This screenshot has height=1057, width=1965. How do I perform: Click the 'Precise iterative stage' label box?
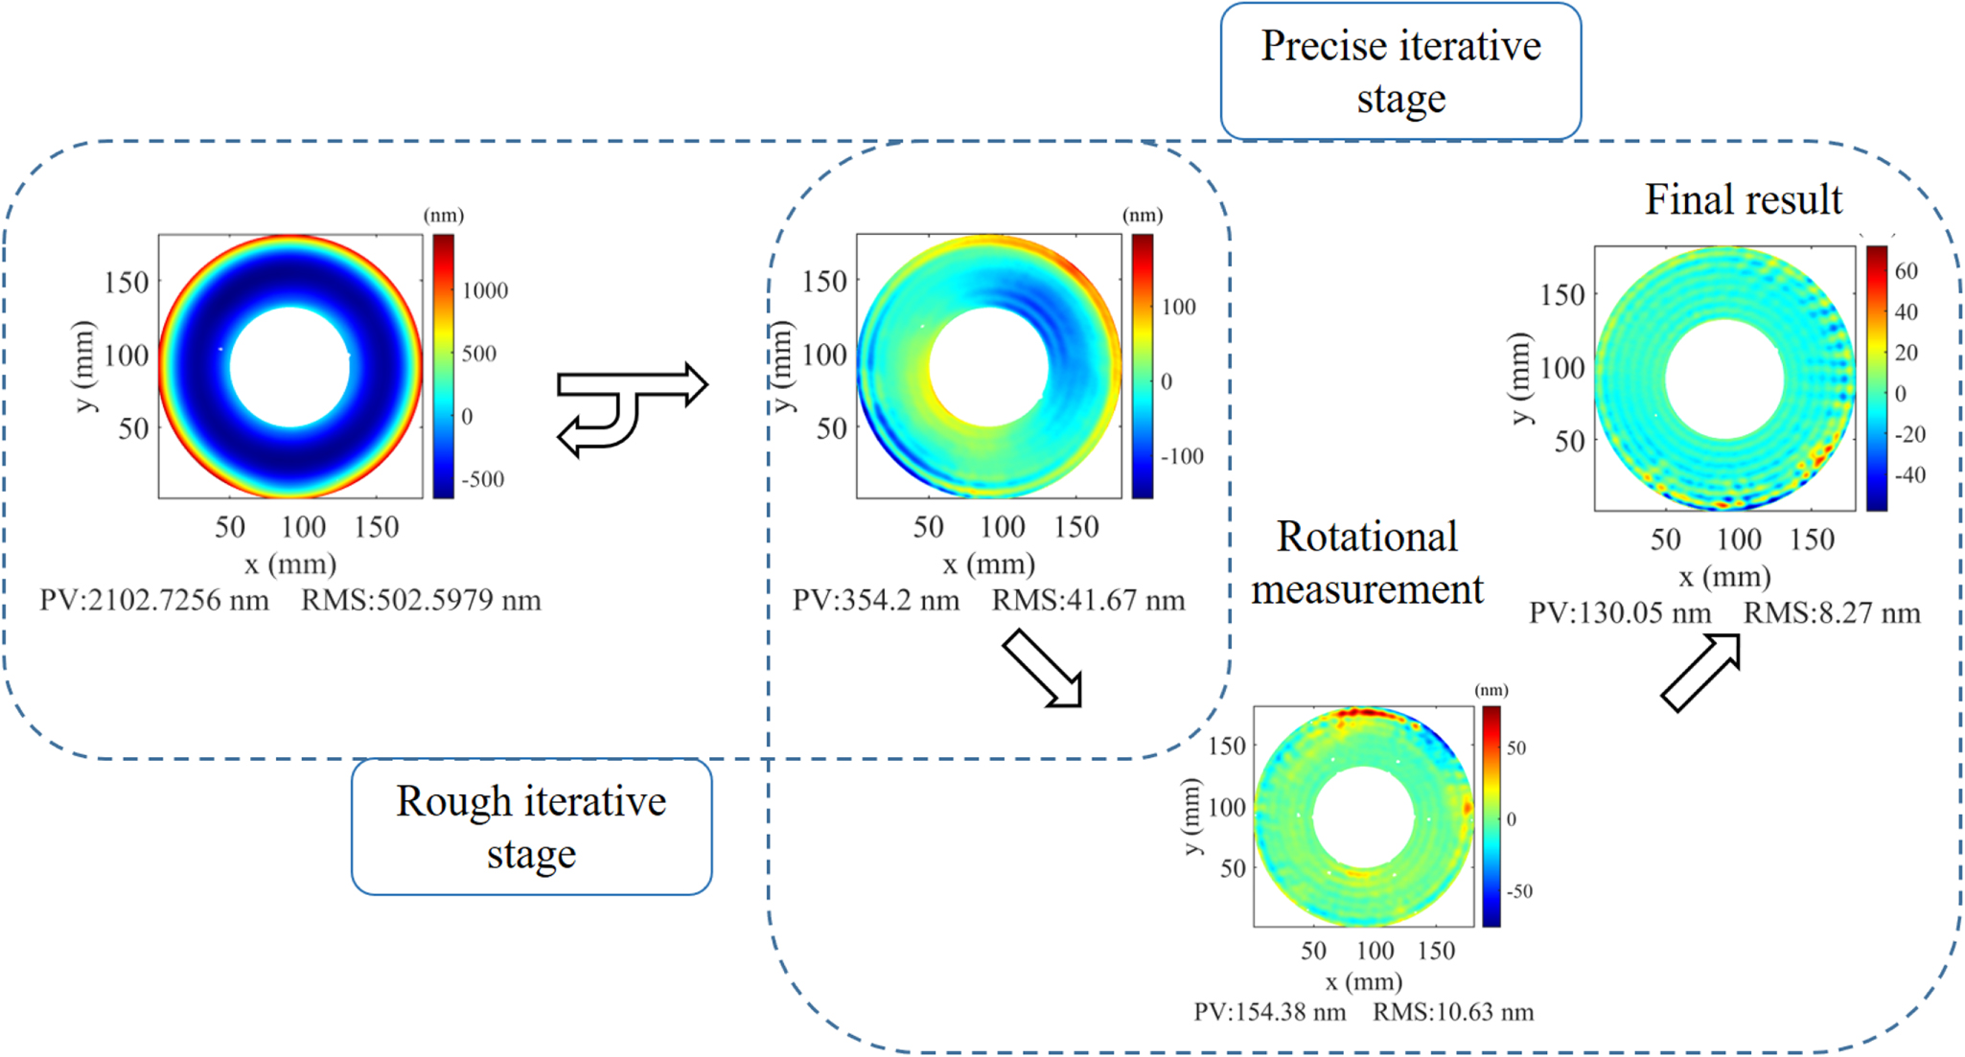coord(1400,72)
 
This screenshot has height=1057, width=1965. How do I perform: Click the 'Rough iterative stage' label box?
coord(531,827)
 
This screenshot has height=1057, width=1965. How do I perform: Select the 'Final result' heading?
coord(1743,199)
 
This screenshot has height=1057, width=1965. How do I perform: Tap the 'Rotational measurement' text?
coord(1367,563)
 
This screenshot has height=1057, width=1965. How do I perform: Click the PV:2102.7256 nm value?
coord(154,601)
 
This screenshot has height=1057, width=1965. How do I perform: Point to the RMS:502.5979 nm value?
coord(421,601)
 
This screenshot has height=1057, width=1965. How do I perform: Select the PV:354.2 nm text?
coord(875,601)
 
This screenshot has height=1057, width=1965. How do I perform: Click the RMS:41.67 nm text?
coord(1088,601)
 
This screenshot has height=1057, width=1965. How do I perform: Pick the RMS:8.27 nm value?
coord(1831,613)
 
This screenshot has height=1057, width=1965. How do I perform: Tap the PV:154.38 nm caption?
coord(1269,1012)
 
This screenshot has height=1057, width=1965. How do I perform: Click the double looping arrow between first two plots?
coord(631,409)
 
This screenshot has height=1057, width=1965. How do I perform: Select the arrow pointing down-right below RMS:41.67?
coord(1044,669)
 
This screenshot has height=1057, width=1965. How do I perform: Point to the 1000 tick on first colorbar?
coord(485,291)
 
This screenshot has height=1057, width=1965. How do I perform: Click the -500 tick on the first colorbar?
coord(482,479)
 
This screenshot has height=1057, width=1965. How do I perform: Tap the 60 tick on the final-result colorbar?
coord(1906,271)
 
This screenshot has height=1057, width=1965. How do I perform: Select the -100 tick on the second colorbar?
coord(1181,457)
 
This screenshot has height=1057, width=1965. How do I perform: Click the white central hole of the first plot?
coord(289,366)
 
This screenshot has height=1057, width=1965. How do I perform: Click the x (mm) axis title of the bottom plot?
coord(1363,981)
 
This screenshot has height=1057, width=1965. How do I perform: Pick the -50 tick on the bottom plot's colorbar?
coord(1518,891)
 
